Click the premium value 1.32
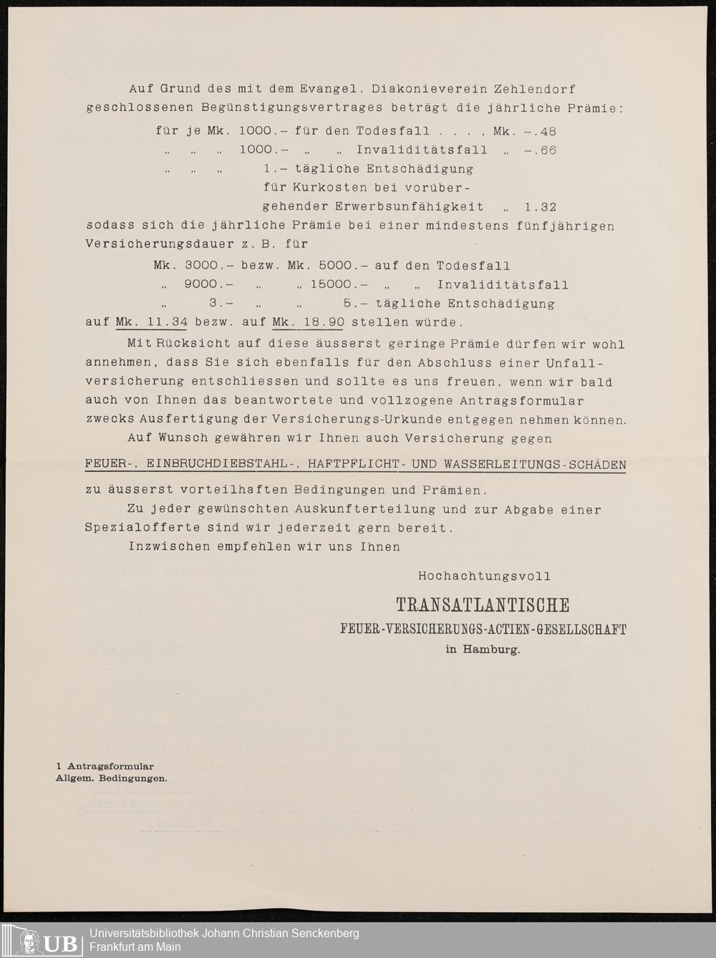tap(540, 207)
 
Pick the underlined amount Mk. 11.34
tap(151, 322)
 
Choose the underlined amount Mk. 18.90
tap(308, 322)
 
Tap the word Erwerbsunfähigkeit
tap(409, 207)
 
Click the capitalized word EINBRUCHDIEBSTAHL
tap(223, 464)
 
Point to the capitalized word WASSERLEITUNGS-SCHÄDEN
tap(535, 464)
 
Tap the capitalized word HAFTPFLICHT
tap(354, 464)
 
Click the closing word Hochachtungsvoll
tap(485, 576)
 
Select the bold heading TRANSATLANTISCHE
tap(483, 606)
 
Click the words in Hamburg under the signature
tap(483, 650)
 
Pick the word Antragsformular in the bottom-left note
tap(110, 767)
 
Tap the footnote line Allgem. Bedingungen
tap(112, 778)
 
